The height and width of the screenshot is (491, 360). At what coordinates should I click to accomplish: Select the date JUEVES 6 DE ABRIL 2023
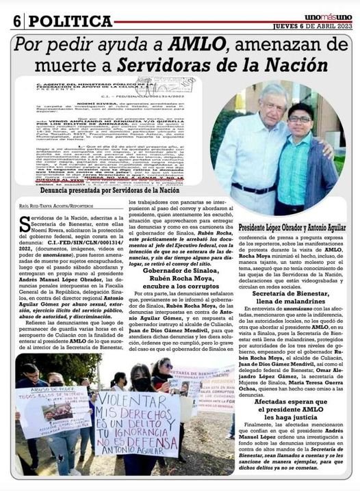314,27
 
